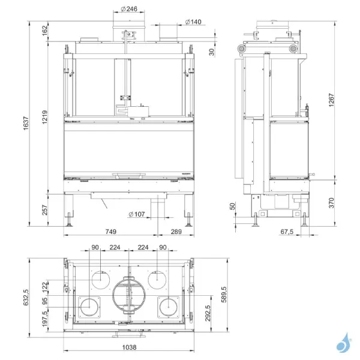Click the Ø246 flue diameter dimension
tap(129, 9)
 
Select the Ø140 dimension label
tap(193, 22)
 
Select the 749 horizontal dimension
tap(110, 230)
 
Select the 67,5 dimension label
tap(287, 230)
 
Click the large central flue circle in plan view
tap(129, 296)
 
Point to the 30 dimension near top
tap(211, 51)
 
